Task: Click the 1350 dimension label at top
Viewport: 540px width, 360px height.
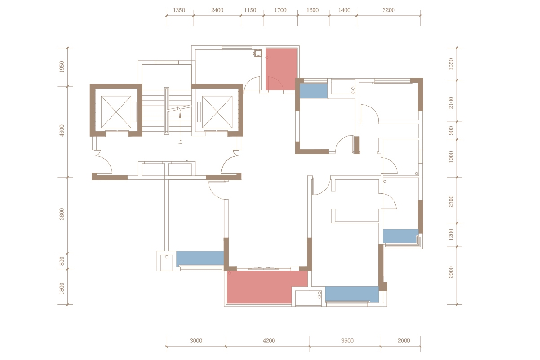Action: (x=179, y=10)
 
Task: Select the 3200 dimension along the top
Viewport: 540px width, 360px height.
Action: (x=388, y=10)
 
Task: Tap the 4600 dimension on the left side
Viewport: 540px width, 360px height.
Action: (x=62, y=131)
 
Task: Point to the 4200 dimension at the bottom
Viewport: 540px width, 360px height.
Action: (x=269, y=341)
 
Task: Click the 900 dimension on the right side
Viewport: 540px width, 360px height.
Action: (x=451, y=130)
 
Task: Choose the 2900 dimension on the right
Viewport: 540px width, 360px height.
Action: (x=451, y=272)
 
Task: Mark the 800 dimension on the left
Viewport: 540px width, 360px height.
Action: (x=62, y=261)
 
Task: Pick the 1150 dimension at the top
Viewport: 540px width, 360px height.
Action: (x=250, y=10)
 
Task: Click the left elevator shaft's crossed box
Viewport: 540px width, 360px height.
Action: (x=116, y=112)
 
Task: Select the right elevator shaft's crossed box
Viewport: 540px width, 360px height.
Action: (x=217, y=112)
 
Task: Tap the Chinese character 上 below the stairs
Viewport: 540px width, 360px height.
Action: (x=180, y=141)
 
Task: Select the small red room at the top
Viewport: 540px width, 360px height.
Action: (x=281, y=69)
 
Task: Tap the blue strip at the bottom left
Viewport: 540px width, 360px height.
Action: (x=200, y=258)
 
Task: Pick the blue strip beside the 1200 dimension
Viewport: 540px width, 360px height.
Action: (x=400, y=236)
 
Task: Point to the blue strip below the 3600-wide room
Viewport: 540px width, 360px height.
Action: (x=352, y=294)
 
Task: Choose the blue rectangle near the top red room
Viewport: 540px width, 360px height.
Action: (x=314, y=91)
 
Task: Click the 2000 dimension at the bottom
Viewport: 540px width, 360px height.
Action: (x=404, y=341)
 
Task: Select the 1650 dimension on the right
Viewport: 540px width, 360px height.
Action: (x=451, y=64)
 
